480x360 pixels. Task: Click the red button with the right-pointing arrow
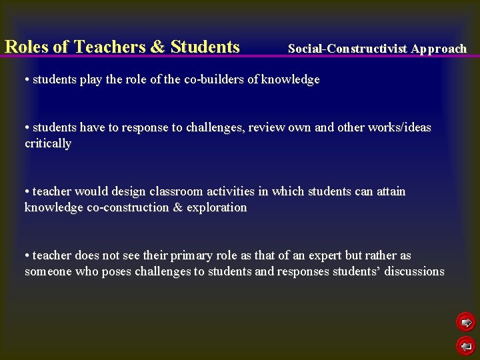(466, 323)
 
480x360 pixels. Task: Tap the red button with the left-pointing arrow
(466, 346)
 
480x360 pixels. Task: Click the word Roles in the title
(26, 47)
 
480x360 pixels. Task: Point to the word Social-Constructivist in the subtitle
(347, 49)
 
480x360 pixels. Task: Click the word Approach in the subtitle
(439, 49)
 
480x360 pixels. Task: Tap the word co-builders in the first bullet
(215, 79)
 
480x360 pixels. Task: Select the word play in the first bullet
(91, 79)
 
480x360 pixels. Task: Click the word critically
(48, 143)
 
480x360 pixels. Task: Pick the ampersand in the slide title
(157, 47)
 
